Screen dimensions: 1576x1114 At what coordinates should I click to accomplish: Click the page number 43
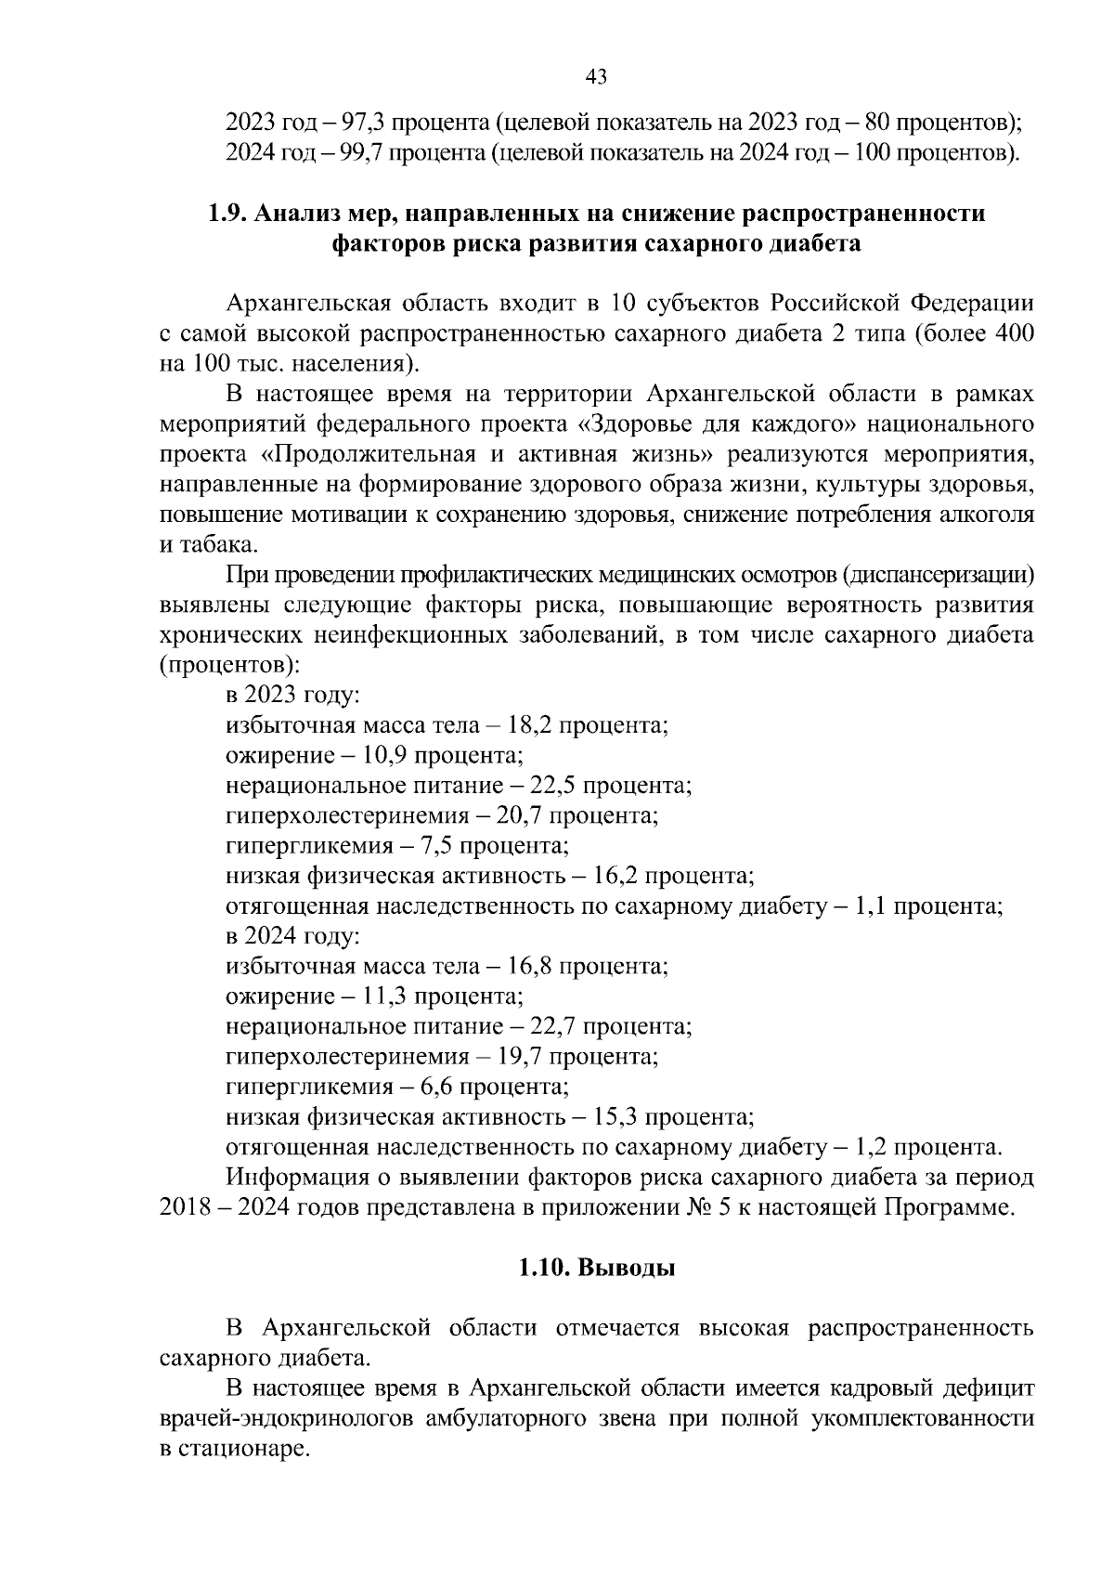click(596, 77)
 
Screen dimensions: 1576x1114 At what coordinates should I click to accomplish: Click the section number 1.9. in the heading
click(227, 214)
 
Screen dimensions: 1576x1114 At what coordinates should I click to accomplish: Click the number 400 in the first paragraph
click(1014, 332)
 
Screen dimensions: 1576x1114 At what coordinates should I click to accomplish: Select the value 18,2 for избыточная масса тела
click(532, 724)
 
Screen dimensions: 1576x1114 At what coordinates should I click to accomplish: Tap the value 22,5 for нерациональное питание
click(555, 786)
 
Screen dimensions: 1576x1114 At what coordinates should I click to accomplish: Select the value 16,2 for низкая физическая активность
click(616, 876)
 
